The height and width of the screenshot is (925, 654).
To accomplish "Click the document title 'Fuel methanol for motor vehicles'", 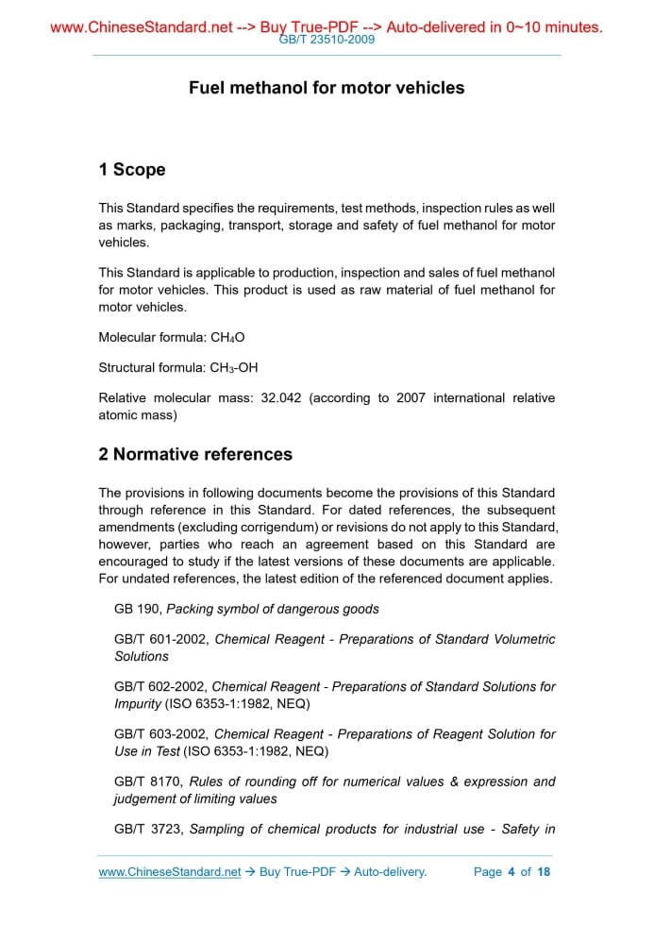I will click(x=327, y=88).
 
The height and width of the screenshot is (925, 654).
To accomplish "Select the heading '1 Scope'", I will click(x=132, y=170).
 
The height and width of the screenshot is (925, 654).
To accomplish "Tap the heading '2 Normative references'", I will click(x=195, y=454).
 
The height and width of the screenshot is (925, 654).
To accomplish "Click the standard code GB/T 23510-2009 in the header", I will click(x=327, y=40).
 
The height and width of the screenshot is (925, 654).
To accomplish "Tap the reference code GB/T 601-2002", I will click(x=160, y=640).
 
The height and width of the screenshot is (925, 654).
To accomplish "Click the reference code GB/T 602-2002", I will click(x=159, y=687).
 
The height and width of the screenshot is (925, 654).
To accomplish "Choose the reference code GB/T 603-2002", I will click(x=160, y=734).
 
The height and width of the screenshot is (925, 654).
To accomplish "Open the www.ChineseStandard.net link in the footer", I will click(x=170, y=872).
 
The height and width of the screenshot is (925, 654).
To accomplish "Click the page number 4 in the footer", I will click(x=511, y=872).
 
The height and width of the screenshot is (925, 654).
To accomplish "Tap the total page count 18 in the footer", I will click(x=544, y=872).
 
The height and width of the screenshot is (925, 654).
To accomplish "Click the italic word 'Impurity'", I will click(x=138, y=703).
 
